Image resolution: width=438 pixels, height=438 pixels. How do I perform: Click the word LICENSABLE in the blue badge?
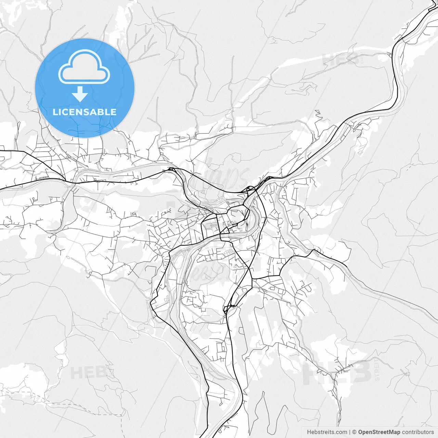click(85, 112)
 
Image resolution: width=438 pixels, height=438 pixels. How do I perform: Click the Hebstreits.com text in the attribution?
click(327, 432)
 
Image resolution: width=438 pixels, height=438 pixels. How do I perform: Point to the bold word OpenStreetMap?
click(379, 432)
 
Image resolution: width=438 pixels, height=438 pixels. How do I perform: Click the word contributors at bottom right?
click(417, 432)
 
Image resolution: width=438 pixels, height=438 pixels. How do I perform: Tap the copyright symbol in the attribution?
click(355, 432)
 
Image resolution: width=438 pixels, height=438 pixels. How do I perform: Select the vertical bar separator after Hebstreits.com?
click(350, 432)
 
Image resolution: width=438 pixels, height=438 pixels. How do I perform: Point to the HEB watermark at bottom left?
click(87, 372)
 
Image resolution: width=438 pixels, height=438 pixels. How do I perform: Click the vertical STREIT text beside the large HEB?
click(377, 370)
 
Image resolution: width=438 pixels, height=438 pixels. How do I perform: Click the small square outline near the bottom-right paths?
click(407, 373)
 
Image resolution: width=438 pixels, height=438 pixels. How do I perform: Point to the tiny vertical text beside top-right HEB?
click(361, 59)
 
